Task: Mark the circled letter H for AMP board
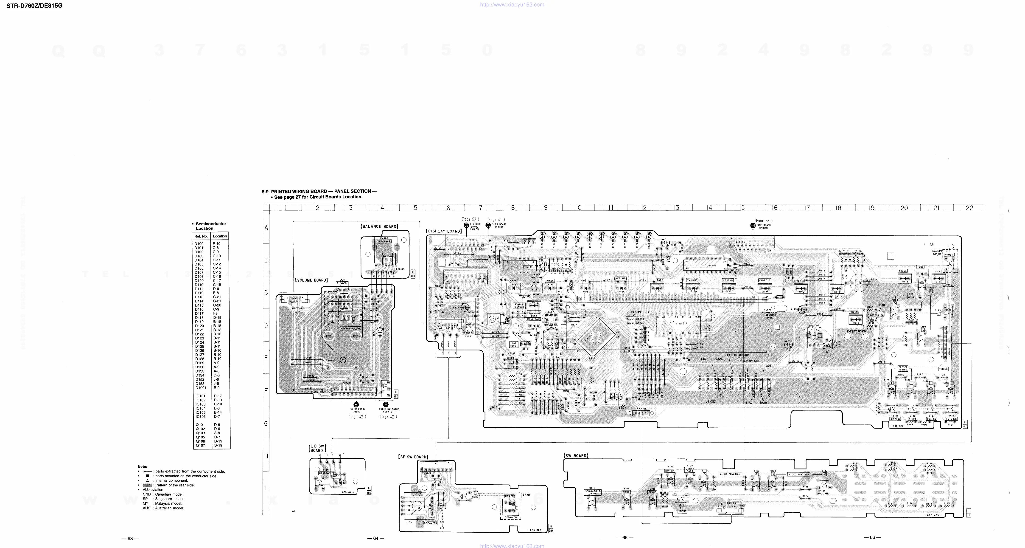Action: click(752, 225)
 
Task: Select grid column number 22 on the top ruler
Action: click(969, 208)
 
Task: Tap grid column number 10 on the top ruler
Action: click(579, 208)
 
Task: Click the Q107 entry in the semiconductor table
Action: click(200, 446)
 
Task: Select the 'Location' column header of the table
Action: click(220, 236)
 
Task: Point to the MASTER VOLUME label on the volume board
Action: click(350, 329)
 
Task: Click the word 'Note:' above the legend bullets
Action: click(143, 466)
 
